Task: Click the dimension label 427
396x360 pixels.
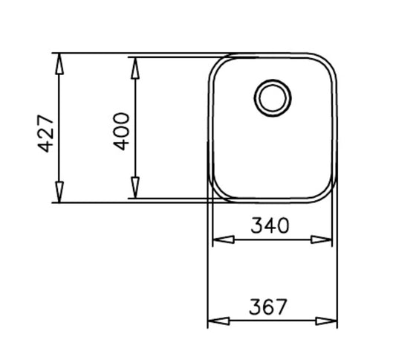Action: point(45,133)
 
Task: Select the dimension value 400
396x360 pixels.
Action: point(122,131)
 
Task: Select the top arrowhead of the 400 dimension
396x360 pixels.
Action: point(134,68)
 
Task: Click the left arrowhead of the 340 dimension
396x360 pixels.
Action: point(224,240)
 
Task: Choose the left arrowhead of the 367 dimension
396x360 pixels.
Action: point(218,322)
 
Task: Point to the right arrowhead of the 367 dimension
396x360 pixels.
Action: point(327,322)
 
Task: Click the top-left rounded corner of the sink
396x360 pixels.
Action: point(215,62)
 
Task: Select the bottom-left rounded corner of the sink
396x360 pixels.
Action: point(215,193)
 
